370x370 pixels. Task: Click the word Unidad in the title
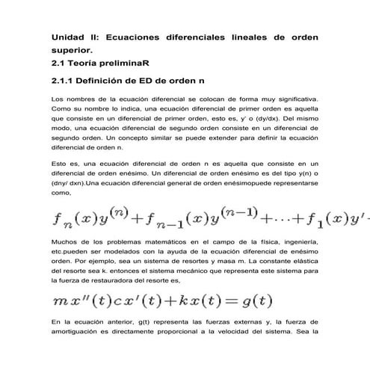pyautogui.click(x=67, y=37)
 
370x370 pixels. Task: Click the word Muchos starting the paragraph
pyautogui.click(x=64, y=244)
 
